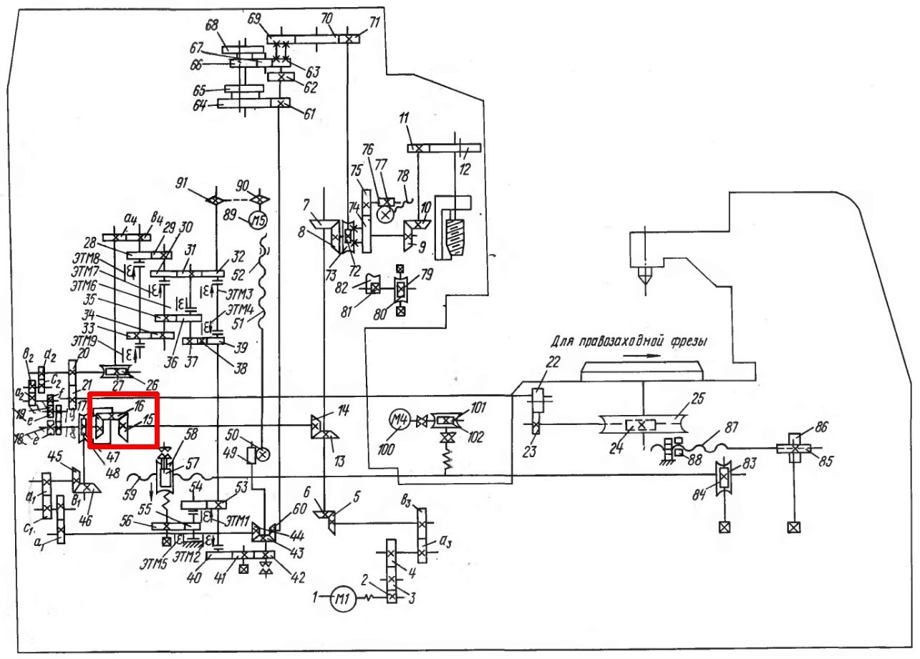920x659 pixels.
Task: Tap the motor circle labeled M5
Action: pyautogui.click(x=255, y=219)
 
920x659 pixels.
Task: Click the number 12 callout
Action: pyautogui.click(x=467, y=169)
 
